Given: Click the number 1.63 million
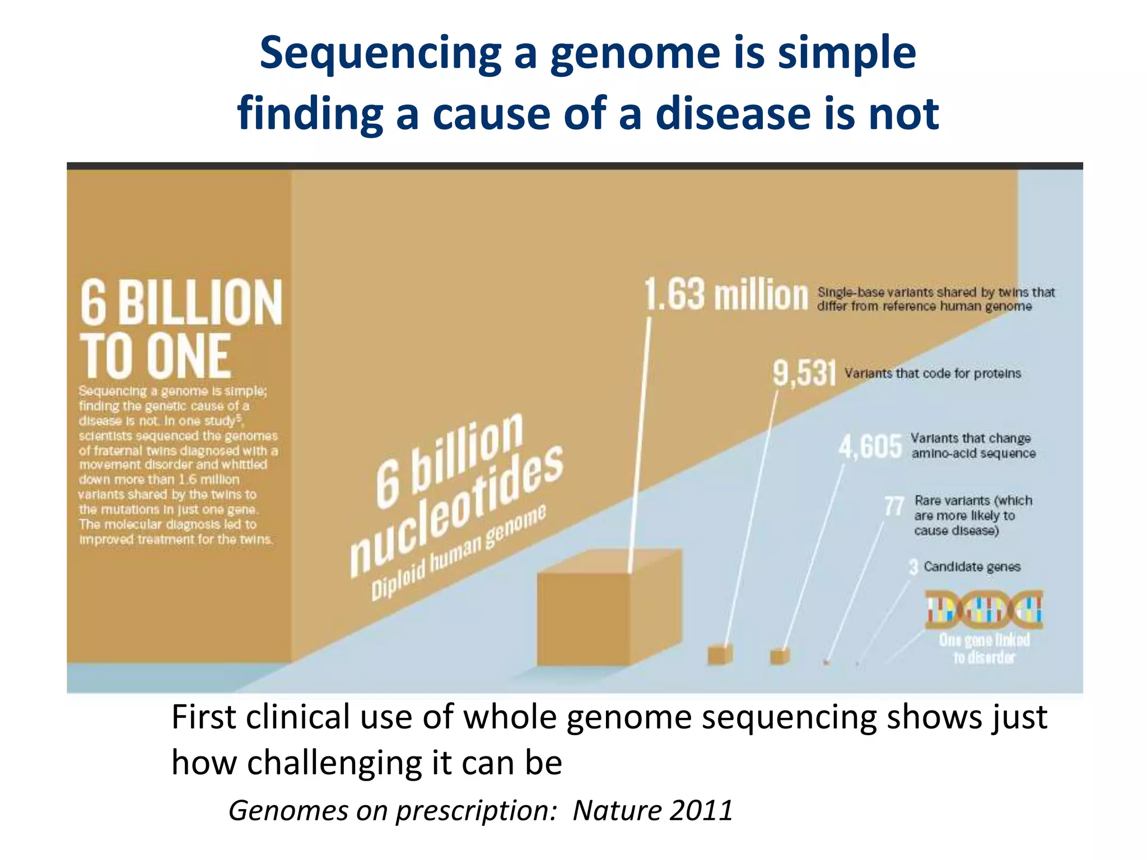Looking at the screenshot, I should (x=726, y=295).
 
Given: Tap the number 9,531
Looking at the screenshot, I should (x=804, y=373).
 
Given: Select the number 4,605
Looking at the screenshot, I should (x=870, y=447).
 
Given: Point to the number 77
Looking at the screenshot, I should (x=894, y=506).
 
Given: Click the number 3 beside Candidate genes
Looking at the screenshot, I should (x=913, y=567).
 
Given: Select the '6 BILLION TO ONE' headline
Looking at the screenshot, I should (x=180, y=328).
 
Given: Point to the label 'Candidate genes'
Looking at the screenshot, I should (x=972, y=567).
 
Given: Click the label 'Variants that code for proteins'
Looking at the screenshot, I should (x=932, y=373).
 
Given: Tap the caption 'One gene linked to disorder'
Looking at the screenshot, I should (x=984, y=648).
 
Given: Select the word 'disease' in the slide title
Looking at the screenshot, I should (x=733, y=114).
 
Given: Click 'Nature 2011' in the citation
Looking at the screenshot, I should (x=652, y=810).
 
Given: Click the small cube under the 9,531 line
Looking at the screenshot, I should (x=720, y=654).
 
